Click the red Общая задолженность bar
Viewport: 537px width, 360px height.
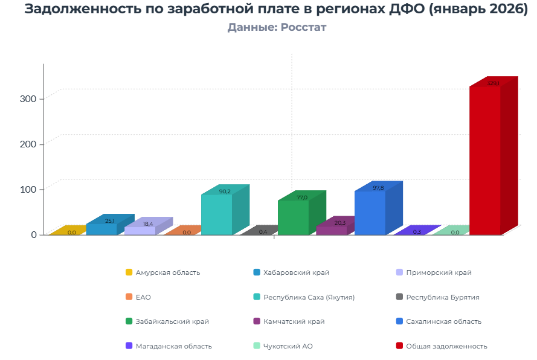[485, 160]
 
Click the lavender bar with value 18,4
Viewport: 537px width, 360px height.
[140, 231]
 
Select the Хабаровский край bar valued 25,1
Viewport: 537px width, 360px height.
[101, 229]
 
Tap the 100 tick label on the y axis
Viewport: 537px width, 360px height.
[29, 189]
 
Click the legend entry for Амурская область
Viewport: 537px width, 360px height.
[167, 272]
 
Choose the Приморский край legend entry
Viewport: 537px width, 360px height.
[439, 272]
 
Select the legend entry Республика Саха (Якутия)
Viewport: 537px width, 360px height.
[309, 297]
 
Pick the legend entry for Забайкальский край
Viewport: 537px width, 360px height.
[172, 321]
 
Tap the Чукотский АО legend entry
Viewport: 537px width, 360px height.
[288, 346]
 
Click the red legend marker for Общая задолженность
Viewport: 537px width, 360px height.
[399, 346]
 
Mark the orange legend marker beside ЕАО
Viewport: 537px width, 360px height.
[129, 297]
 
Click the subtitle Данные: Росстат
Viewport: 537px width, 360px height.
[277, 27]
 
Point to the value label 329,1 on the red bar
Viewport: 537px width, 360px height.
[493, 83]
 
